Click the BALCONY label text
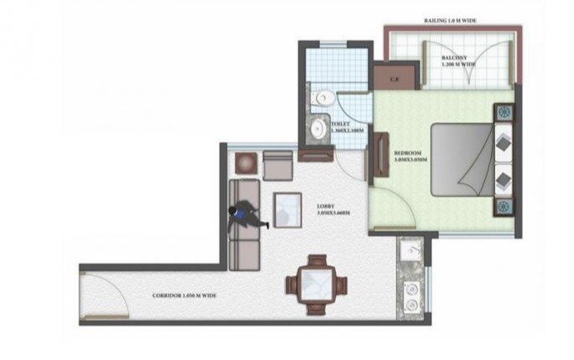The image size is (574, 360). click(x=458, y=58)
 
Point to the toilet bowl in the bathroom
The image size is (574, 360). click(x=321, y=99)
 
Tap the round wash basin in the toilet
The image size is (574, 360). click(x=320, y=128)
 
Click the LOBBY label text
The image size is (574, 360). click(x=327, y=206)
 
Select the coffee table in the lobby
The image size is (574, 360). click(x=288, y=209)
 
